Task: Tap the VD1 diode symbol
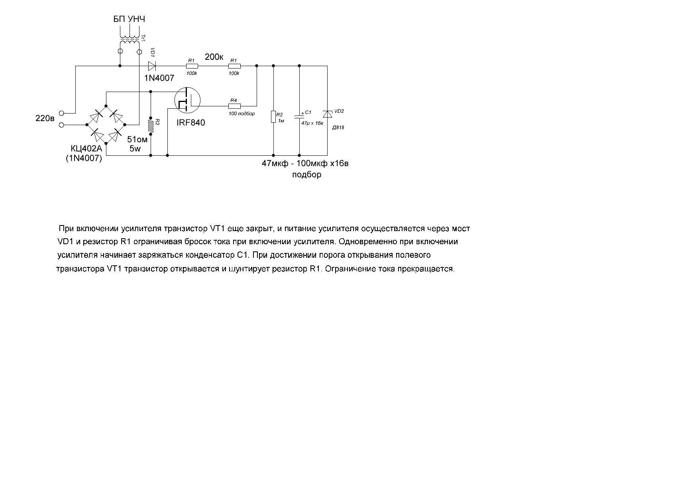point(151,66)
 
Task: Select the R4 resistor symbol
point(234,106)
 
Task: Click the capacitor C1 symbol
point(299,116)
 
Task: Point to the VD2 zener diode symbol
point(327,114)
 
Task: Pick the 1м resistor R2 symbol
point(273,117)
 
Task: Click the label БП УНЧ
point(130,19)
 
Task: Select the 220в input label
point(45,118)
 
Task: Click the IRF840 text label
point(191,123)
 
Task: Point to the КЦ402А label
point(86,149)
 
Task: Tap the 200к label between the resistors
point(214,57)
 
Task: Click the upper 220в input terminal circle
point(61,113)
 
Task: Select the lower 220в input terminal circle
point(61,125)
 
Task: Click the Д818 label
point(338,128)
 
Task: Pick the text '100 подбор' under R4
point(242,114)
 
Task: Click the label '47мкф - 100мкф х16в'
point(305,163)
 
